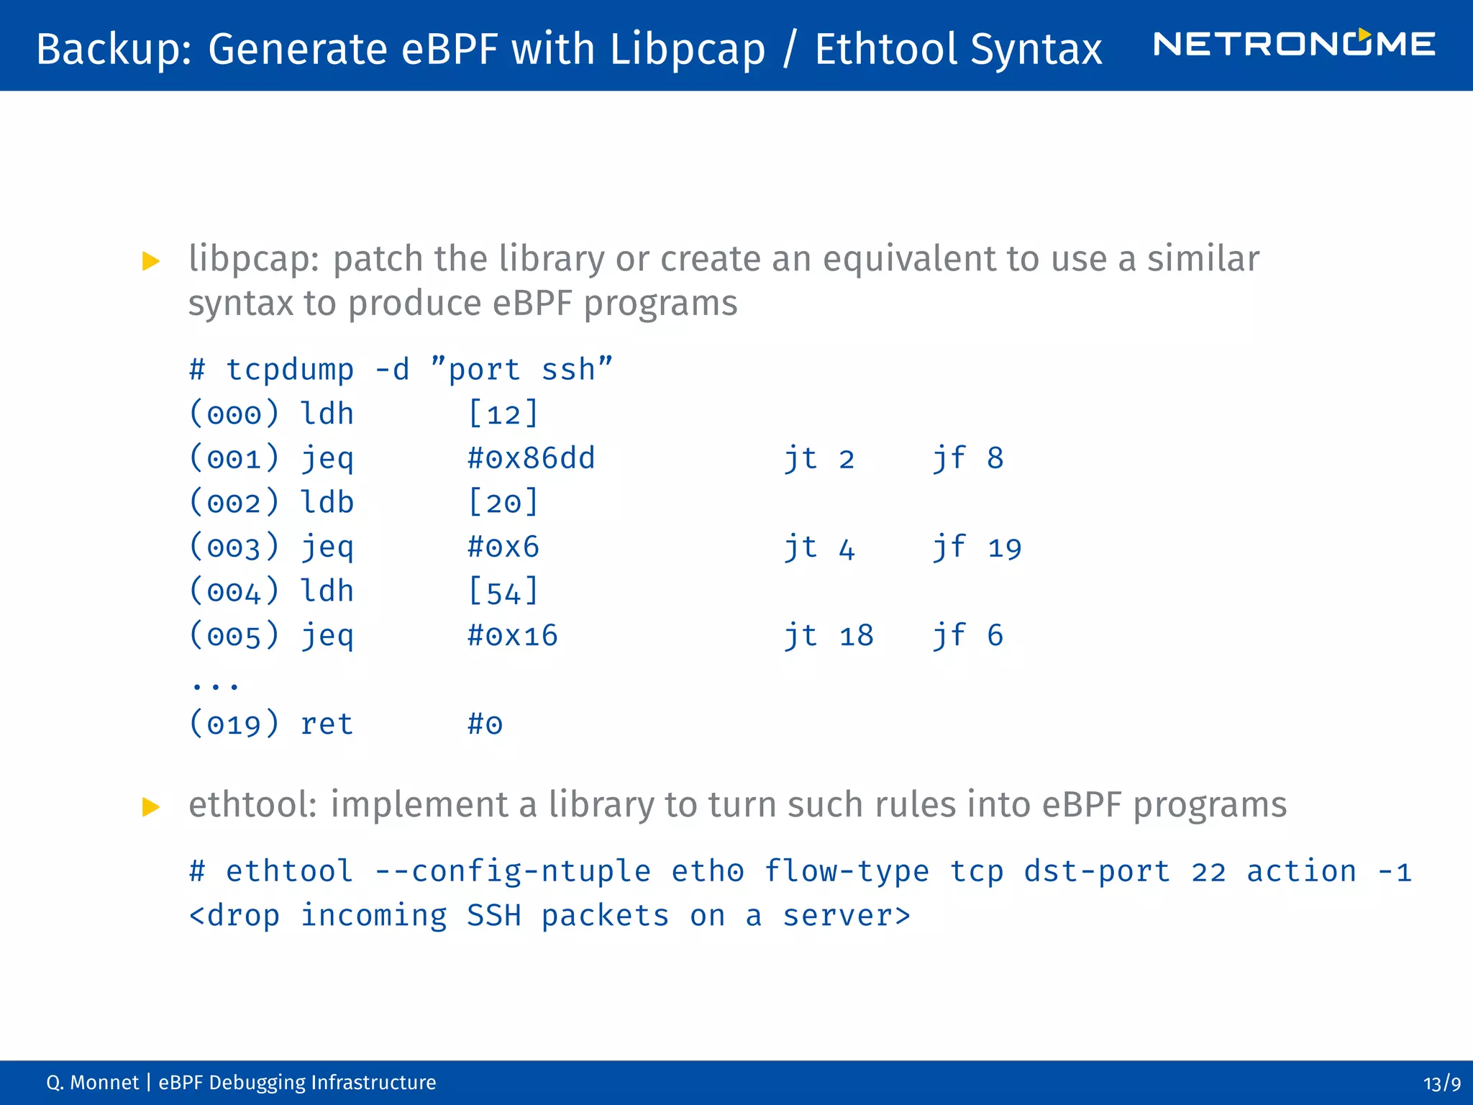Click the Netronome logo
click(1293, 45)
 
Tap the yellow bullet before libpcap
click(151, 261)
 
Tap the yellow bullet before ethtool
click(151, 806)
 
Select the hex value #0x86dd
click(531, 458)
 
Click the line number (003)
click(234, 547)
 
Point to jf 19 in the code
click(977, 547)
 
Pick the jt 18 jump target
click(829, 636)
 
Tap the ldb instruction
click(327, 503)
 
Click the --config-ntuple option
click(512, 872)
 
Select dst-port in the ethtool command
click(1097, 872)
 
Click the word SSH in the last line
click(493, 916)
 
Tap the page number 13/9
click(1441, 1083)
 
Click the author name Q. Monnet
click(92, 1083)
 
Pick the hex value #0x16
click(512, 636)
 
